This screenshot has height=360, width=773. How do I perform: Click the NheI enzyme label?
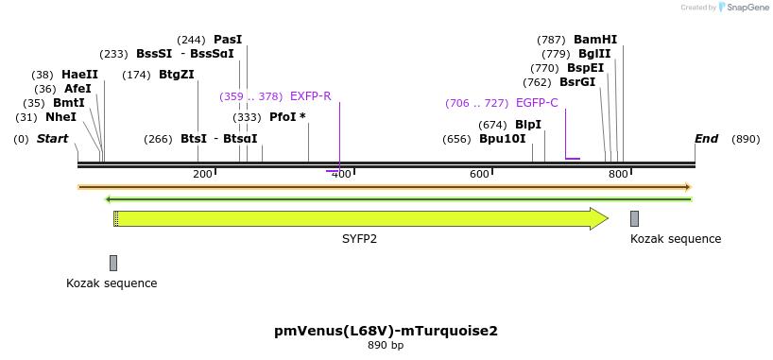[60, 117]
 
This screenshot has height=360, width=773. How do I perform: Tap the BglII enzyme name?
[594, 54]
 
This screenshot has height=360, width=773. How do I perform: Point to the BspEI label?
[585, 68]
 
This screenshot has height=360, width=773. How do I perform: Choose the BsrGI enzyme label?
[576, 82]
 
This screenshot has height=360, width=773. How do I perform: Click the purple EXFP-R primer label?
[310, 96]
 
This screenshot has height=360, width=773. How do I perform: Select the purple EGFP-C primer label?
[536, 103]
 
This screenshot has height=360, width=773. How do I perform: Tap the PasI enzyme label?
[228, 40]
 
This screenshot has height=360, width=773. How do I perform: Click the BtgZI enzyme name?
[176, 75]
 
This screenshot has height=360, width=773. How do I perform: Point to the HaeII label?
[79, 75]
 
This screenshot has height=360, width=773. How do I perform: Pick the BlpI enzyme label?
[528, 125]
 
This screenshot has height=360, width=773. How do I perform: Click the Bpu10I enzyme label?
[502, 139]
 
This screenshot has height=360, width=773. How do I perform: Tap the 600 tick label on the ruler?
[478, 174]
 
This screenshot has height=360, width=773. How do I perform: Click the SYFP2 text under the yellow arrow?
[359, 239]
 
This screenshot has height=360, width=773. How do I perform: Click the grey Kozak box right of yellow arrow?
[635, 219]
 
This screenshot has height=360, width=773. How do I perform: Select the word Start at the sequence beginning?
[53, 139]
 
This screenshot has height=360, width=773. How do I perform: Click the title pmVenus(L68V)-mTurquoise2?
[386, 331]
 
